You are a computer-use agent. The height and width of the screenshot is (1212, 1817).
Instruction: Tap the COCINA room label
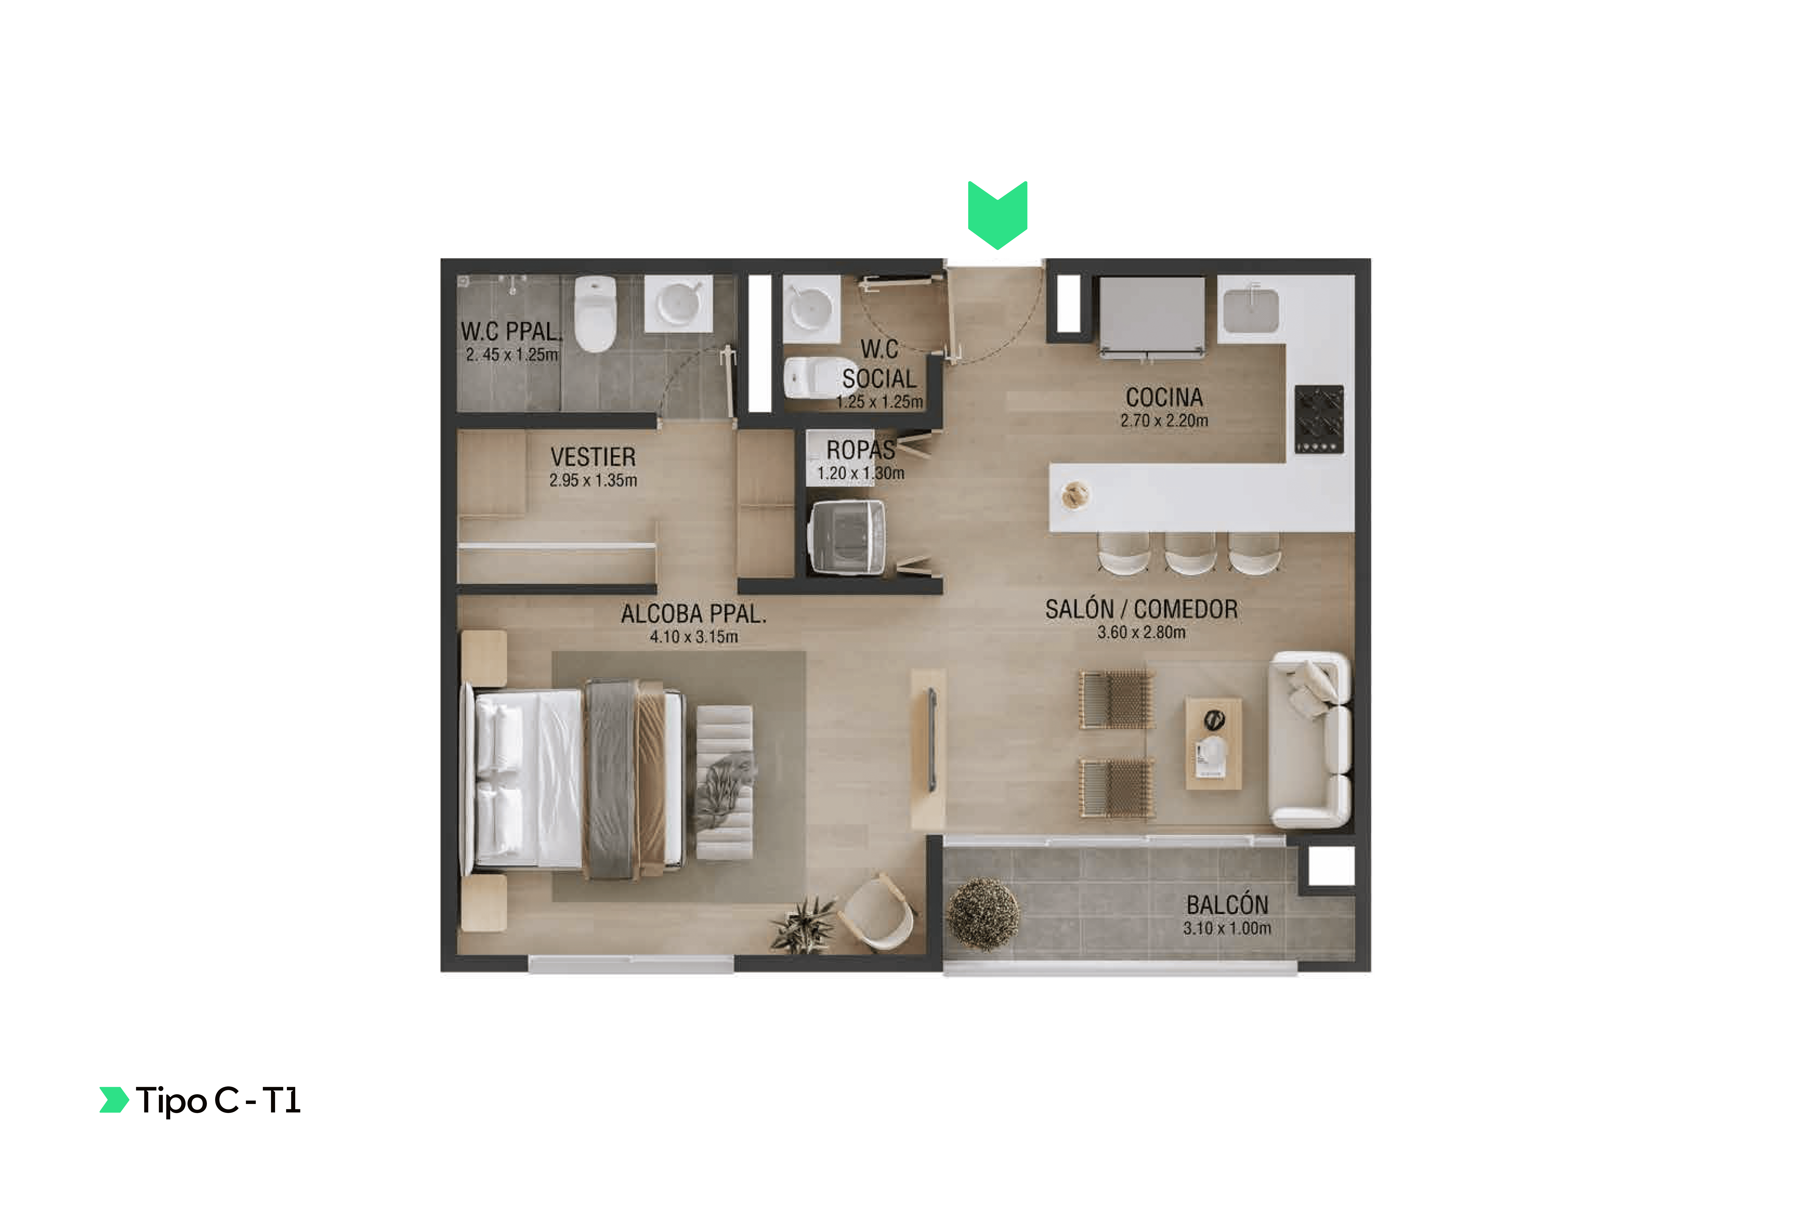click(x=1164, y=397)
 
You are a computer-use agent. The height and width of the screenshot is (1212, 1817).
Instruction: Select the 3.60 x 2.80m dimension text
click(x=1141, y=632)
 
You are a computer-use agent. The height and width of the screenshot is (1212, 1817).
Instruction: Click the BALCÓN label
click(x=1227, y=904)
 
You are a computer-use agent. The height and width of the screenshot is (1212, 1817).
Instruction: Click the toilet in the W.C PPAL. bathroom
click(x=595, y=314)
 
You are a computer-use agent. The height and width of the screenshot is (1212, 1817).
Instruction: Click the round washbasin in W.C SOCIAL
click(x=810, y=308)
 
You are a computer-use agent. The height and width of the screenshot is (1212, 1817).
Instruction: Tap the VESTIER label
click(x=593, y=457)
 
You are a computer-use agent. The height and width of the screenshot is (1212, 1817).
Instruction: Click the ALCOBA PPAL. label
click(x=694, y=614)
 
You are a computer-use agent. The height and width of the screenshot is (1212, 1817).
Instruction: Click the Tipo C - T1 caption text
click(x=218, y=1101)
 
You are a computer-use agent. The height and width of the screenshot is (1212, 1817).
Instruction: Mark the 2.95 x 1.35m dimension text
click(x=593, y=480)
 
